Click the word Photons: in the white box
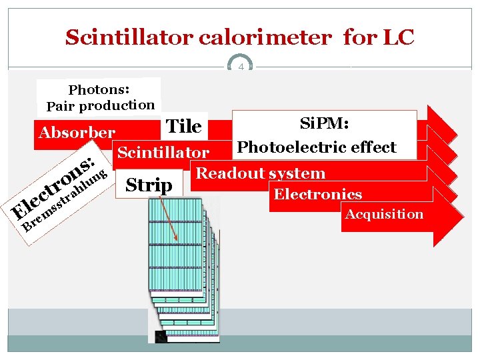(99, 89)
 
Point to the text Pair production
(100, 105)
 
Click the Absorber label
(77, 132)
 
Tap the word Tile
(183, 126)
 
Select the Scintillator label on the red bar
(163, 153)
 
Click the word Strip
(149, 185)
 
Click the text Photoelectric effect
(317, 147)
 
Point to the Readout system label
(260, 174)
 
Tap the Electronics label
(317, 195)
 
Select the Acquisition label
(383, 214)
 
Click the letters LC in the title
(398, 37)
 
